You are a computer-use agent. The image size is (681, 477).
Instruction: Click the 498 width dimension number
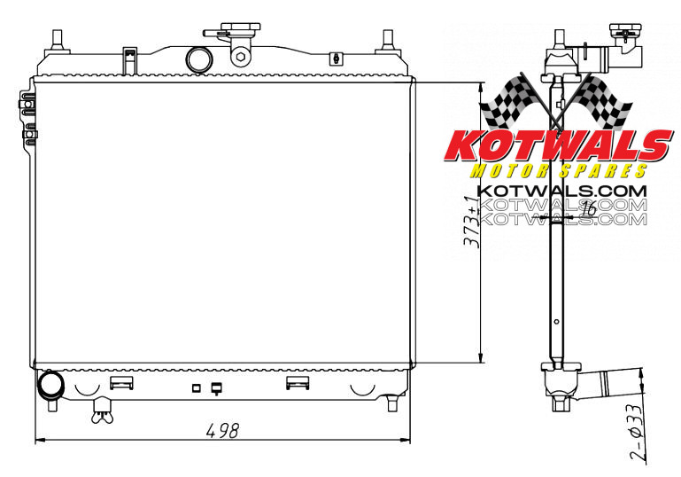pos(222,431)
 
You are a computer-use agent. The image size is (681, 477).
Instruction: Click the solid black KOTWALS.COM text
pos(561,190)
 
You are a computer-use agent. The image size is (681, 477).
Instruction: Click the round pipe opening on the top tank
pos(199,59)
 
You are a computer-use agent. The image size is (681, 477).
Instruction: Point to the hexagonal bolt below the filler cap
pos(240,59)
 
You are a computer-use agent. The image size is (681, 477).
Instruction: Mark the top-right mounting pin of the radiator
pos(387,40)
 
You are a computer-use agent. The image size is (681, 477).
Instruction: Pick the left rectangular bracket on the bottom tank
pos(121,383)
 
